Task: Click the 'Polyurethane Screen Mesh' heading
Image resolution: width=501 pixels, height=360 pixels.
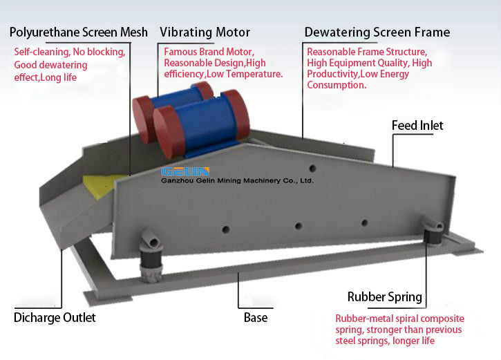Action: click(78, 32)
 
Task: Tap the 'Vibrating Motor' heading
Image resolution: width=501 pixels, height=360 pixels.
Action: click(205, 32)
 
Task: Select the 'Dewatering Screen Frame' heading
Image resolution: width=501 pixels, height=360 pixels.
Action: click(377, 32)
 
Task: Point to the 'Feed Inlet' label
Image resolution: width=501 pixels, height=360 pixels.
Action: click(417, 126)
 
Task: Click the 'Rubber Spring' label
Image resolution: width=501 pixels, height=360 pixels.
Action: click(385, 297)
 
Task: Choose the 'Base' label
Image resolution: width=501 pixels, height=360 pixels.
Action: click(256, 318)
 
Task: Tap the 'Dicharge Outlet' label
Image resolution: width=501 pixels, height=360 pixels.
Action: click(55, 318)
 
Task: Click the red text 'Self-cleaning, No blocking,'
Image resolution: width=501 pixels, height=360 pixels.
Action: click(70, 52)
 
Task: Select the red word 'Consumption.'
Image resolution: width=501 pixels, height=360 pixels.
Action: click(337, 86)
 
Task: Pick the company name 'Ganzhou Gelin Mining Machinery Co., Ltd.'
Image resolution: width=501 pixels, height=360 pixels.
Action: click(237, 181)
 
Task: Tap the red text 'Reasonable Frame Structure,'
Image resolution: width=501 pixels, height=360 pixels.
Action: click(367, 52)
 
